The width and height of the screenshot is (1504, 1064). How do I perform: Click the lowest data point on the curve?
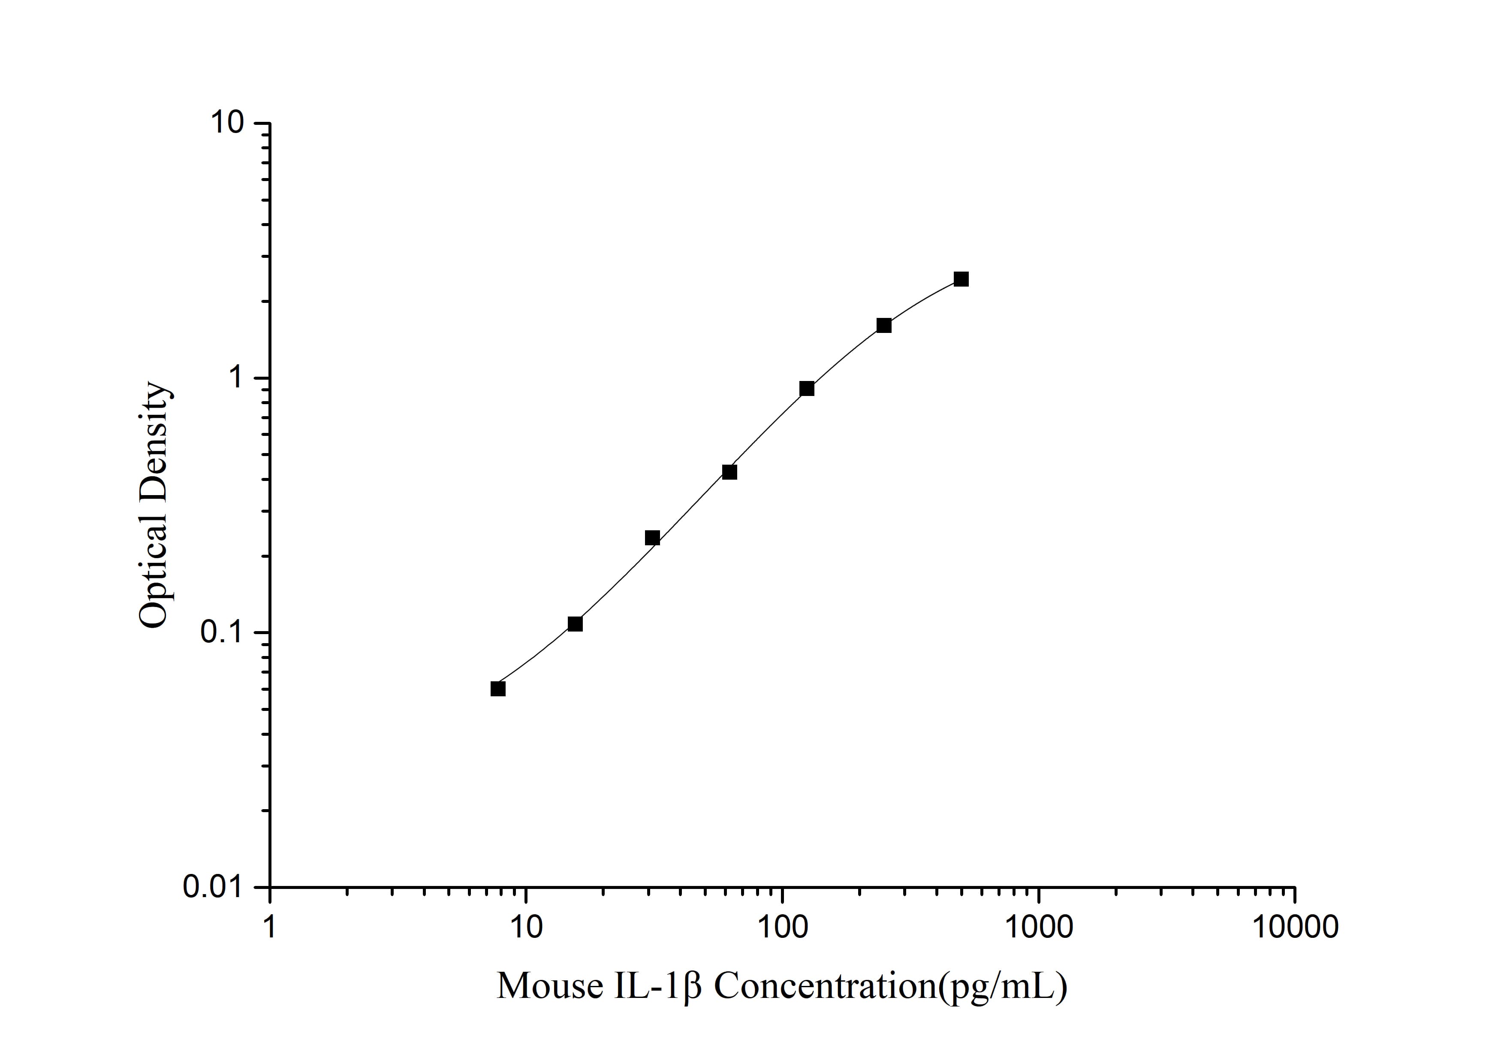pyautogui.click(x=498, y=689)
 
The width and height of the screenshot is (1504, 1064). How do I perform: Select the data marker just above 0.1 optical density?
pyautogui.click(x=575, y=624)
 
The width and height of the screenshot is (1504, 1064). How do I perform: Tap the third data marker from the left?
pyautogui.click(x=652, y=538)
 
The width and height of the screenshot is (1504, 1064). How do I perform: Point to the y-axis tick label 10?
pyautogui.click(x=226, y=123)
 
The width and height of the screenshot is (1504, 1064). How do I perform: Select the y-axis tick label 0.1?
pyautogui.click(x=221, y=632)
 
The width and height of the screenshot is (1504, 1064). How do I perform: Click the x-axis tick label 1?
pyautogui.click(x=270, y=927)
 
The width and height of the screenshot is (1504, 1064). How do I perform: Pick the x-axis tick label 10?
pyautogui.click(x=526, y=927)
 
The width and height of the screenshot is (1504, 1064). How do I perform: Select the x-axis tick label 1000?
pyautogui.click(x=1038, y=927)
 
